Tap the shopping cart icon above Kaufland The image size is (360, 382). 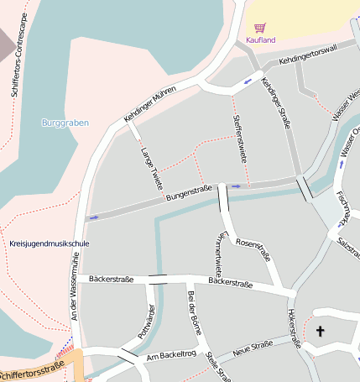[260, 28]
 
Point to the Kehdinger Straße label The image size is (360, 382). [276, 102]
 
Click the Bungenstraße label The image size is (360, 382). [189, 196]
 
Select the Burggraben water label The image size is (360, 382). [65, 123]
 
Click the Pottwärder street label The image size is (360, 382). [142, 321]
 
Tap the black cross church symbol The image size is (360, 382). [319, 332]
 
